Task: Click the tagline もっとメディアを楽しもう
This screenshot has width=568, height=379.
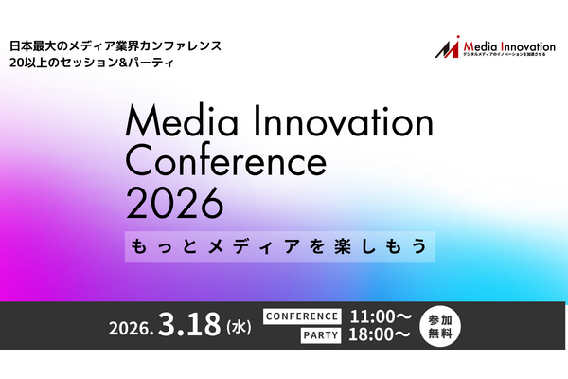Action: click(x=279, y=244)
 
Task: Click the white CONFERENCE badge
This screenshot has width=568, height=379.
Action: click(x=301, y=316)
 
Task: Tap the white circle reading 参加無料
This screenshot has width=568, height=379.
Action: click(x=441, y=327)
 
